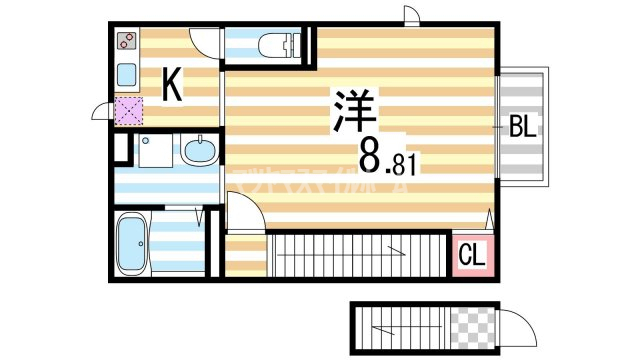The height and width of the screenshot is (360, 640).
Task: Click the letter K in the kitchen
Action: pyautogui.click(x=172, y=87)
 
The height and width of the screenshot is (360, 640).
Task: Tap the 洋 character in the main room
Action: pyautogui.click(x=347, y=110)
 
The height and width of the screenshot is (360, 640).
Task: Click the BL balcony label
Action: pyautogui.click(x=523, y=127)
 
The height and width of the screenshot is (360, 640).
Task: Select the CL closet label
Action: pyautogui.click(x=471, y=256)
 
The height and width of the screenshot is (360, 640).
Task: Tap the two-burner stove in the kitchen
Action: pyautogui.click(x=126, y=42)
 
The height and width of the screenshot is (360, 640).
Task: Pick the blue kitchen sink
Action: pyautogui.click(x=126, y=75)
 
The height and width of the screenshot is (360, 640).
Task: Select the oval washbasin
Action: pyautogui.click(x=198, y=153)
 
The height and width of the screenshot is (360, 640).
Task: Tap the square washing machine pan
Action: pyautogui.click(x=155, y=152)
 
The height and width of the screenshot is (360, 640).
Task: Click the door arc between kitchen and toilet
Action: pyautogui.click(x=204, y=42)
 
